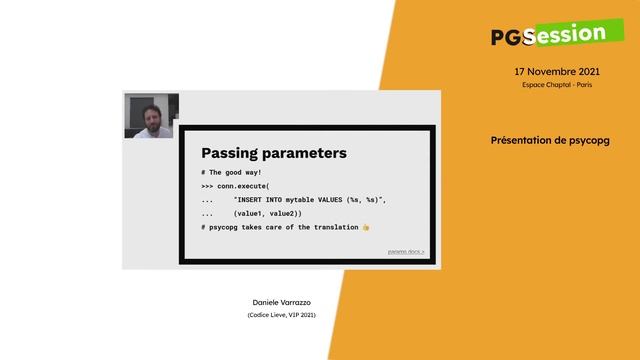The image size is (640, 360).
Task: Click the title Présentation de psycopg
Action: click(x=550, y=141)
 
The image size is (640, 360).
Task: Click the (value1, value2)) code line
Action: click(x=267, y=214)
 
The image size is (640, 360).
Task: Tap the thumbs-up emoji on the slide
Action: click(x=366, y=228)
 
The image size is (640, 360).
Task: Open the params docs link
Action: click(x=405, y=252)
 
